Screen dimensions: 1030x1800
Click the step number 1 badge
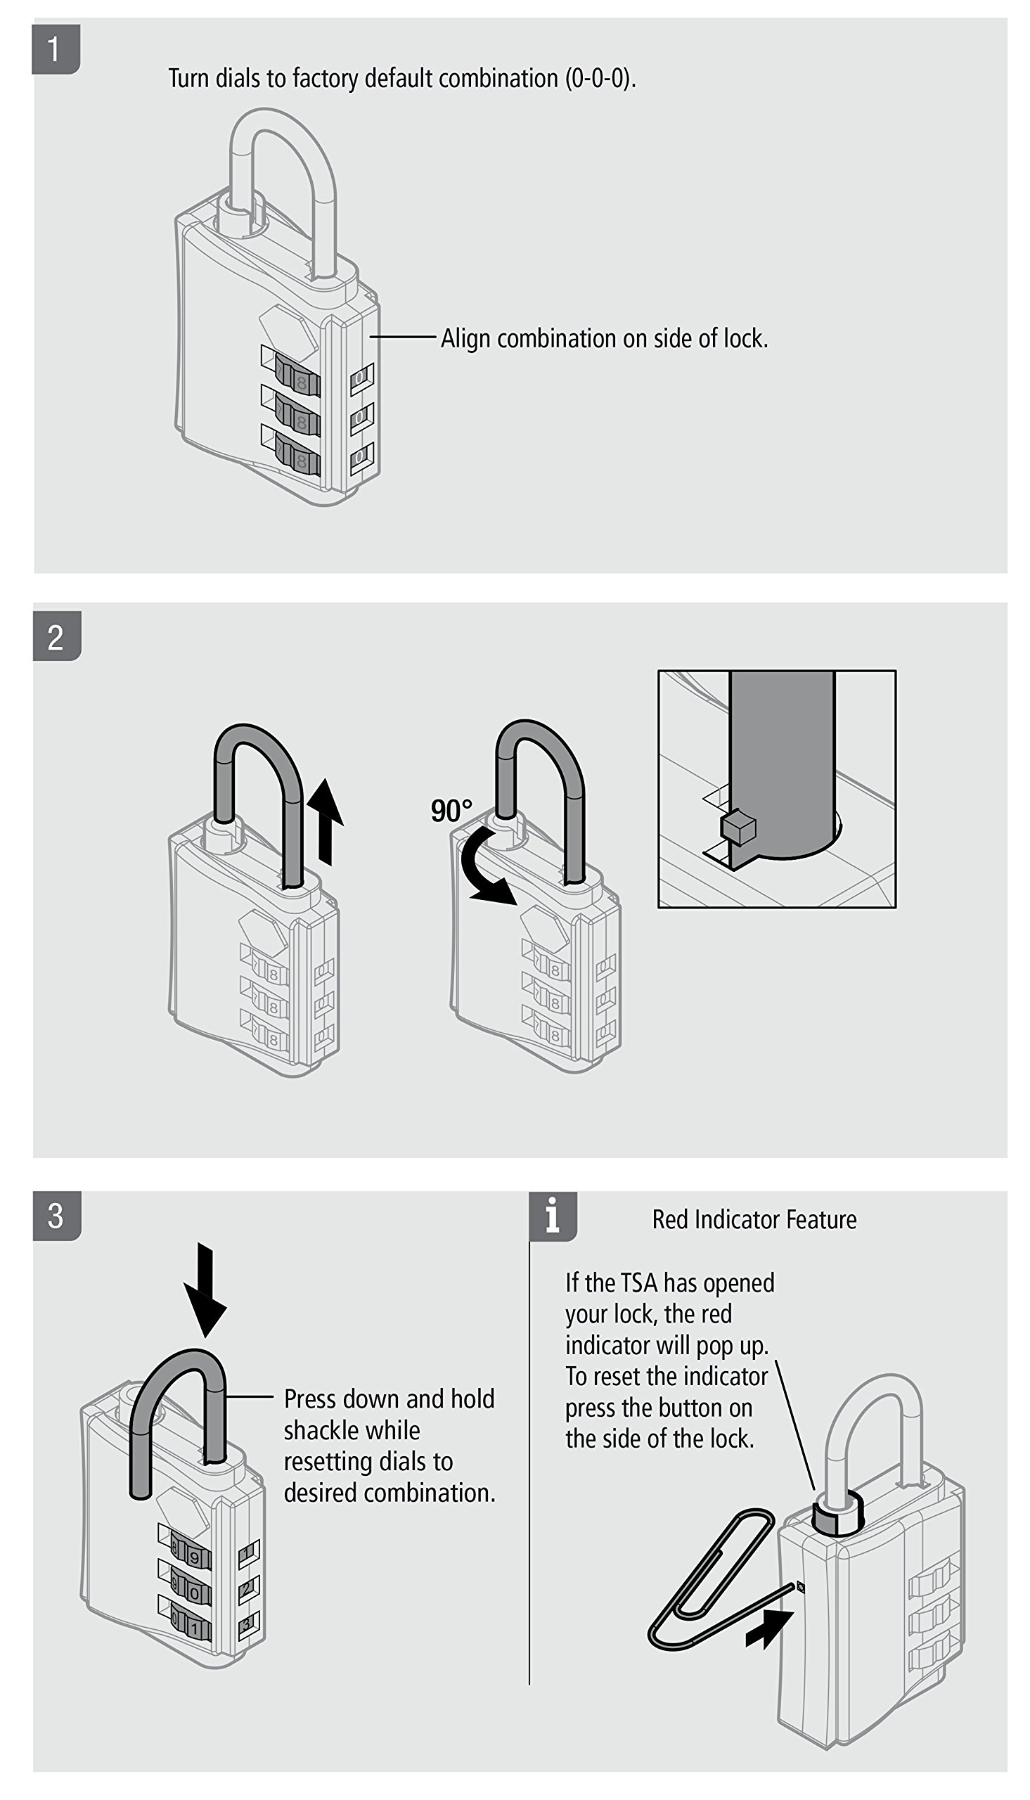click(x=56, y=49)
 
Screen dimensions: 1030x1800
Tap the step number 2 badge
click(x=56, y=636)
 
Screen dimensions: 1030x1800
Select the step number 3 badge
click(x=56, y=1216)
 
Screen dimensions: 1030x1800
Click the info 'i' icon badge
click(x=553, y=1216)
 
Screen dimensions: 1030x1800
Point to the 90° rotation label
click(x=451, y=811)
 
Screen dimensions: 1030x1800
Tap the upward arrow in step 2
click(x=326, y=821)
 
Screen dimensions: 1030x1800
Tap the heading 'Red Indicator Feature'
click(x=754, y=1220)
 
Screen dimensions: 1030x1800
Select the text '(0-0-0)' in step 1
click(x=600, y=79)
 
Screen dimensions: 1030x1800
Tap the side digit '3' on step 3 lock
click(x=246, y=1625)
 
